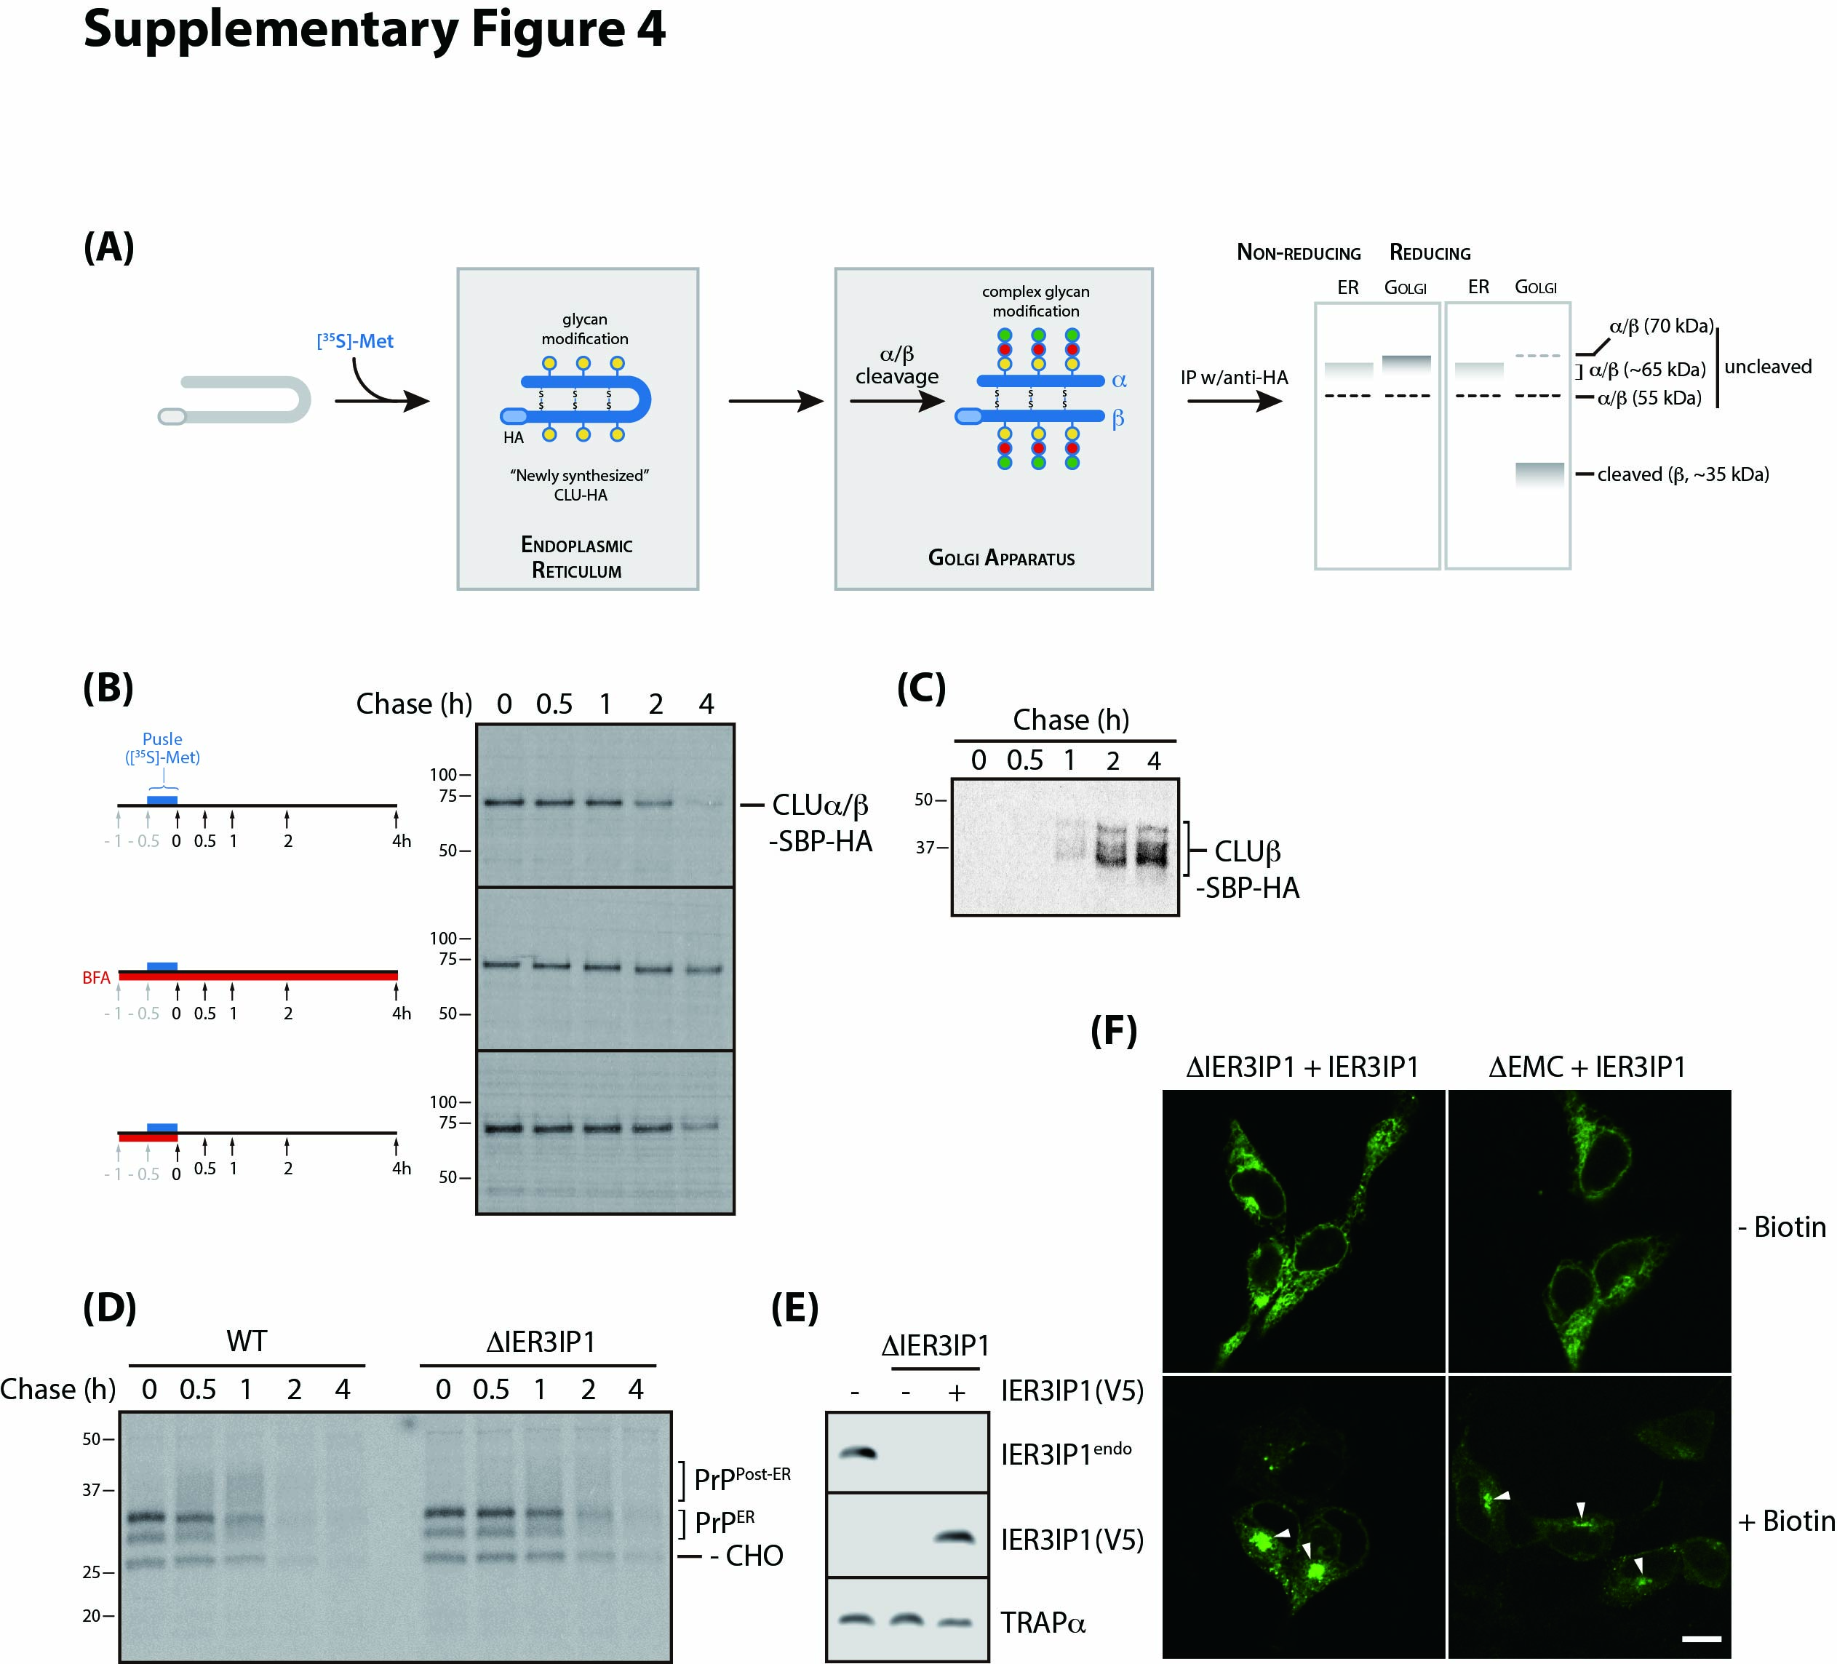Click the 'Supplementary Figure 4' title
coord(374,29)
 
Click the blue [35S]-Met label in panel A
coord(354,341)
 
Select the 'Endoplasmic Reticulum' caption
coord(576,557)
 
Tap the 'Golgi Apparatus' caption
coord(1000,558)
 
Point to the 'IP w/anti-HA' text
coord(1234,378)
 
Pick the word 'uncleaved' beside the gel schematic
coord(1767,366)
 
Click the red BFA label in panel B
coord(96,978)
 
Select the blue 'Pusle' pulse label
coord(162,739)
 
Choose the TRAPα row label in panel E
coord(1043,1623)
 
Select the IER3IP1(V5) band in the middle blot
coord(956,1537)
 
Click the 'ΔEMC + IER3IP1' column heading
coord(1587,1066)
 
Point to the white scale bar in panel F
coord(1700,1639)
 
